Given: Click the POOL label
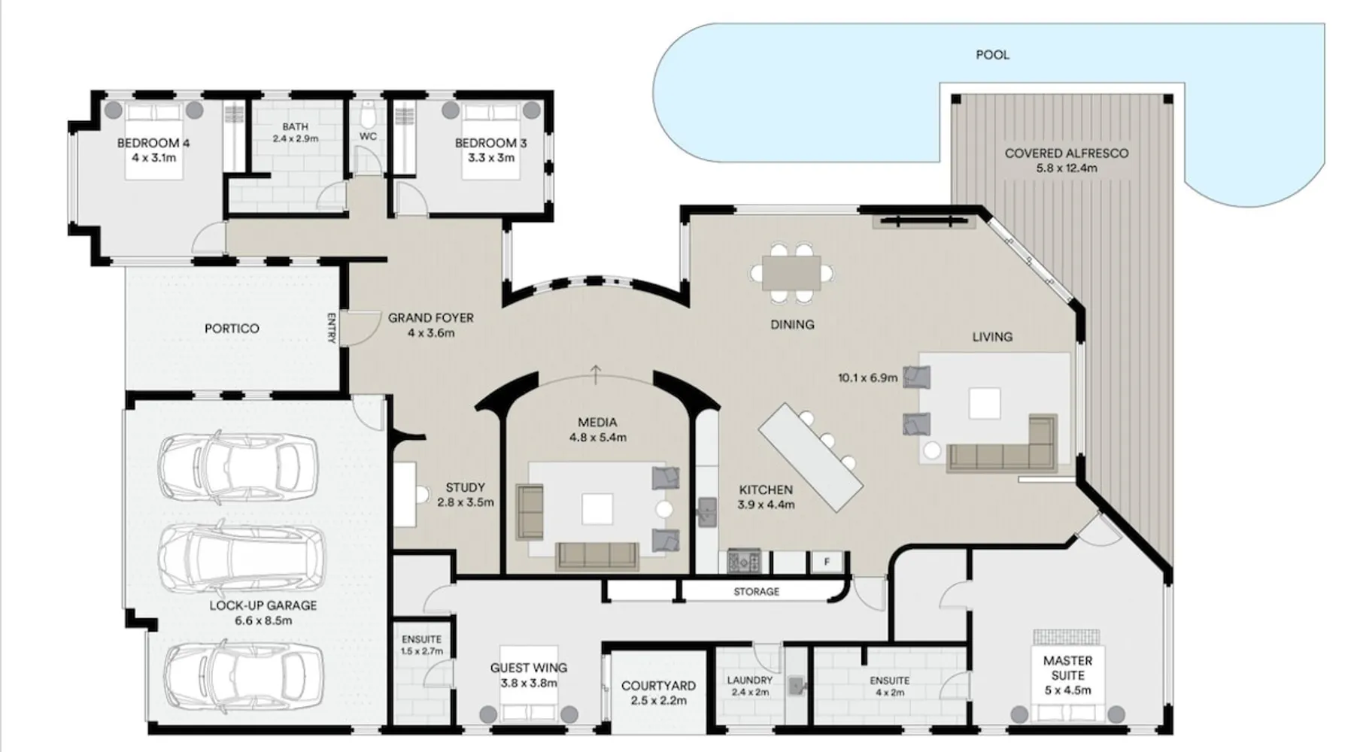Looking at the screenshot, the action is click(992, 55).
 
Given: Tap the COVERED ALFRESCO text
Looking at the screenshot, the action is click(1066, 153).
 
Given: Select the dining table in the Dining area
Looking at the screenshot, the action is click(791, 273).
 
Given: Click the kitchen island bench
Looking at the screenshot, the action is click(810, 457).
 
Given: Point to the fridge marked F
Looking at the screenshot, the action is click(827, 562).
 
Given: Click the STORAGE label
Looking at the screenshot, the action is click(756, 592).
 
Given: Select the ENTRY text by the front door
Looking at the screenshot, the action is click(331, 329).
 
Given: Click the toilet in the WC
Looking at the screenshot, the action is click(368, 115).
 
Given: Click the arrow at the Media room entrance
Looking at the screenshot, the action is click(596, 374).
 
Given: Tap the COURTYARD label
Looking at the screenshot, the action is click(658, 686).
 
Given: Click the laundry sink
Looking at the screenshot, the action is click(797, 685).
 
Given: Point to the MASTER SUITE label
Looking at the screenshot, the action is click(1067, 669).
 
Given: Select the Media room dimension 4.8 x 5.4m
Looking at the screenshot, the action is click(597, 437).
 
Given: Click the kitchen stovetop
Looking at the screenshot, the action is click(743, 562).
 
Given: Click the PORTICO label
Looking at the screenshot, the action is click(232, 329).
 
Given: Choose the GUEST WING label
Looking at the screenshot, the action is click(529, 668).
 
